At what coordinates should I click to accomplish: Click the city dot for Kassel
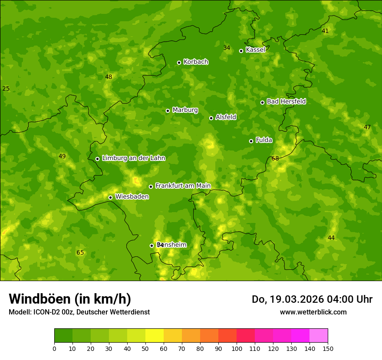pos(241,51)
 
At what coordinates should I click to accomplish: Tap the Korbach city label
pos(196,62)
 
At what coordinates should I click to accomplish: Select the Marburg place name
pos(185,110)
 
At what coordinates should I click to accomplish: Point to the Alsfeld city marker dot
pos(211,118)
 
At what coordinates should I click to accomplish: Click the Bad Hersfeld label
pos(286,101)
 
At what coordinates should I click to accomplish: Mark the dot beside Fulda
pos(251,141)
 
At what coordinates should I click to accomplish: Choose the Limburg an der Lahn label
pos(133,158)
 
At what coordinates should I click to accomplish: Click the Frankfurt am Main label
pos(183,186)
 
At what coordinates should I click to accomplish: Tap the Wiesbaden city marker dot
pos(110,197)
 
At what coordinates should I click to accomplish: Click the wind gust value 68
pos(275,159)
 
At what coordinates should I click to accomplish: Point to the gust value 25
pos(6,89)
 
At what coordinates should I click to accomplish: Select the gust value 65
pos(80,253)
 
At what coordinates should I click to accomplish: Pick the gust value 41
pos(325,31)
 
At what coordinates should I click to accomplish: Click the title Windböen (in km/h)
pos(70,299)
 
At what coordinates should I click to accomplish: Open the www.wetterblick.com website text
pos(313,312)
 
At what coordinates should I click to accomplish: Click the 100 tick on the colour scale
pos(237,348)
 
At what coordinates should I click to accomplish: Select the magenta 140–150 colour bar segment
pos(319,336)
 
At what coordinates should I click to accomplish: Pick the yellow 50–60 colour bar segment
pos(155,336)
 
